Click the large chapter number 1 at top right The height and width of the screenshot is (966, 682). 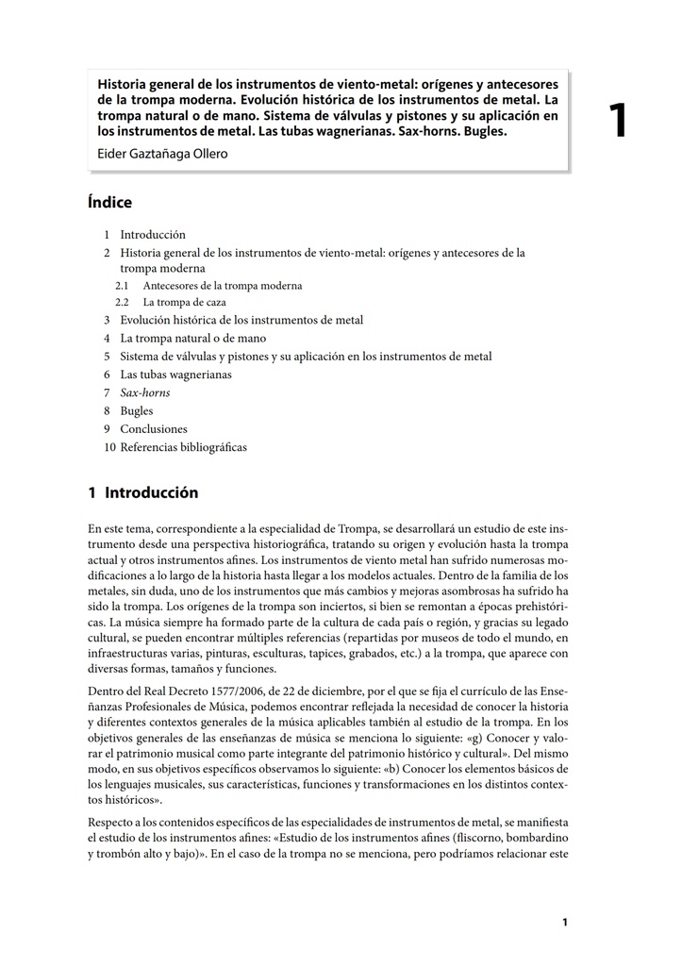point(617,122)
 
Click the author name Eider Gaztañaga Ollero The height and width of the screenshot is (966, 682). point(163,154)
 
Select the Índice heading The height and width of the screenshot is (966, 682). point(109,203)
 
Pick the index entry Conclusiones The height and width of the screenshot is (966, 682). point(154,429)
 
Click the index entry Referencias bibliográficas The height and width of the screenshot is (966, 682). point(183,447)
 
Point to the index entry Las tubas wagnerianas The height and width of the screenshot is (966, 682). point(175,375)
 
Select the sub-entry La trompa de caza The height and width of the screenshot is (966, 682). point(184,303)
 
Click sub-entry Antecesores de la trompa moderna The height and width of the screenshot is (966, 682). point(223,285)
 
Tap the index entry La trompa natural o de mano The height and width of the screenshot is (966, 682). point(192,338)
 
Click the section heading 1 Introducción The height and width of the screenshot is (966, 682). point(142,493)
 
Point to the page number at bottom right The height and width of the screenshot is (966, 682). point(564,923)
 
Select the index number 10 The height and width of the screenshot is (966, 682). point(109,447)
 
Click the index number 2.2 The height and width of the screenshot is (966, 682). point(122,303)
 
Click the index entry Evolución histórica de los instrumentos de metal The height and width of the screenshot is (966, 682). point(241,321)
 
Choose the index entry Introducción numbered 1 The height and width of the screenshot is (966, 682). point(152,235)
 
